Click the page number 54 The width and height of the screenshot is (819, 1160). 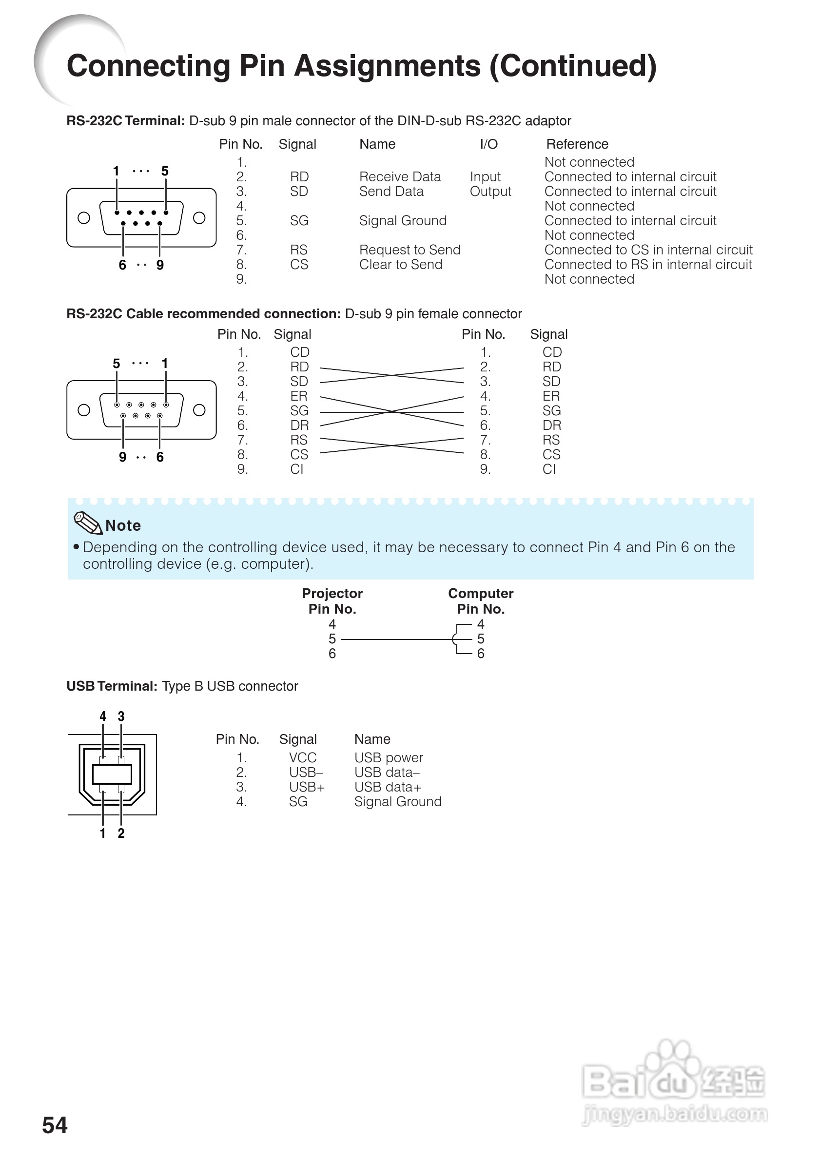pyautogui.click(x=55, y=1125)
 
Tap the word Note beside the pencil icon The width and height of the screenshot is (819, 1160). pyautogui.click(x=123, y=525)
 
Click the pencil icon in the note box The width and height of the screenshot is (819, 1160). pyautogui.click(x=88, y=522)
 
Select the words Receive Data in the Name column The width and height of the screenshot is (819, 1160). pyautogui.click(x=400, y=177)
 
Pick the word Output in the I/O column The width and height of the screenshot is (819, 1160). pyautogui.click(x=490, y=192)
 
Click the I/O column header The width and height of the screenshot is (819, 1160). pyautogui.click(x=488, y=144)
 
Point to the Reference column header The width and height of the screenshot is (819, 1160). pyautogui.click(x=577, y=144)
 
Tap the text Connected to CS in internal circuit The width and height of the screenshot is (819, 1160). pyautogui.click(x=648, y=250)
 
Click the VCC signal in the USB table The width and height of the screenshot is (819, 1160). pyautogui.click(x=303, y=758)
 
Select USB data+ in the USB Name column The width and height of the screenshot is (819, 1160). pyautogui.click(x=388, y=787)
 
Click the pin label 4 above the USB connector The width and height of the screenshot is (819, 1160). pyautogui.click(x=103, y=716)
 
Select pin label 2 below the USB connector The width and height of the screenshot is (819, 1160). pyautogui.click(x=121, y=833)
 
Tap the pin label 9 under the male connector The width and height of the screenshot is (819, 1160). pyautogui.click(x=160, y=265)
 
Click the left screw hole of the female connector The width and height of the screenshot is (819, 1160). pyautogui.click(x=84, y=410)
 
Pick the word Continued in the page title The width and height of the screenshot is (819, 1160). pyautogui.click(x=573, y=66)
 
